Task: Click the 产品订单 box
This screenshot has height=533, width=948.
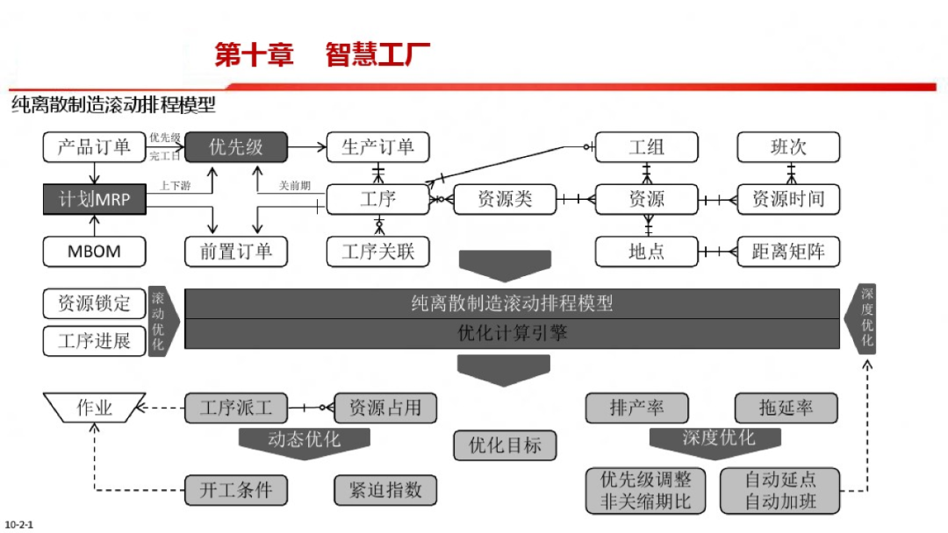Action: tap(93, 146)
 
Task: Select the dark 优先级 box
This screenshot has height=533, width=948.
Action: tap(235, 146)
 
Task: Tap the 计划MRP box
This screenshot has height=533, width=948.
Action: tap(93, 199)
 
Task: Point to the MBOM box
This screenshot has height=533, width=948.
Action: tap(93, 252)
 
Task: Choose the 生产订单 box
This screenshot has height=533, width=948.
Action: tap(377, 146)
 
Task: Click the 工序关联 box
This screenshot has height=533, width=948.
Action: tap(377, 252)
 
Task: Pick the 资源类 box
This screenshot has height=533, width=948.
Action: tap(505, 199)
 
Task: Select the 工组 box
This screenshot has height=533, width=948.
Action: tap(647, 146)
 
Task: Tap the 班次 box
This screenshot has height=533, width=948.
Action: tap(788, 146)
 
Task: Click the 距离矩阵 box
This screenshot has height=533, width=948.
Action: tap(788, 252)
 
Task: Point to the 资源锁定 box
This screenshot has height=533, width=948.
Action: tap(93, 303)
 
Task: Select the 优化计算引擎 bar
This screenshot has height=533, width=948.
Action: tap(513, 333)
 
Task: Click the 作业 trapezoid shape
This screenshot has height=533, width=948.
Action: tap(94, 408)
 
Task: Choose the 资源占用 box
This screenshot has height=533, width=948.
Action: tap(384, 408)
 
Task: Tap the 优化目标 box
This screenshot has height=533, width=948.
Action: tap(505, 444)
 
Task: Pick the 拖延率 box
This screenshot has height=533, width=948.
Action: tap(786, 408)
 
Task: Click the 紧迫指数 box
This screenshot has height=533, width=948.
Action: tap(384, 490)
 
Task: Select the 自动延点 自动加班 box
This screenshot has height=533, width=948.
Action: tap(779, 490)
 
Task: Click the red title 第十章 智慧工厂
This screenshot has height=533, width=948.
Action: tap(322, 54)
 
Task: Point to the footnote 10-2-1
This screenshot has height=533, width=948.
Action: tap(18, 525)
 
